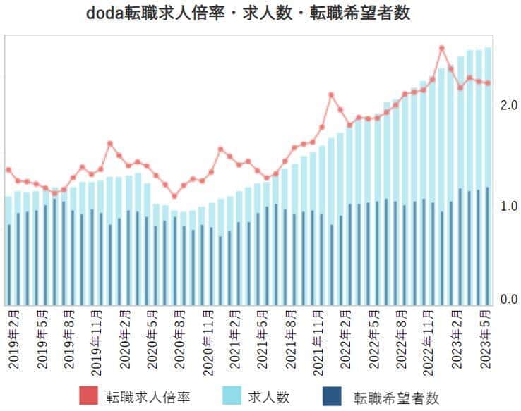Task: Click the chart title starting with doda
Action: tap(260, 13)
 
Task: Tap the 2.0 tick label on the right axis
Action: tap(508, 105)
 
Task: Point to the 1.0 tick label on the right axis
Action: tap(508, 207)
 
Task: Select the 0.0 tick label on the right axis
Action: tap(508, 300)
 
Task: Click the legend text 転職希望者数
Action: tap(396, 397)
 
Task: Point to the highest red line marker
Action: tap(442, 48)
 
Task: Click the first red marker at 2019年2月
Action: tap(8, 170)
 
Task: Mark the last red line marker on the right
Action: tap(488, 83)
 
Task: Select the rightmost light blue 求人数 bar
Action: tap(488, 176)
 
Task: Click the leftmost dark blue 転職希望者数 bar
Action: tap(9, 265)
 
